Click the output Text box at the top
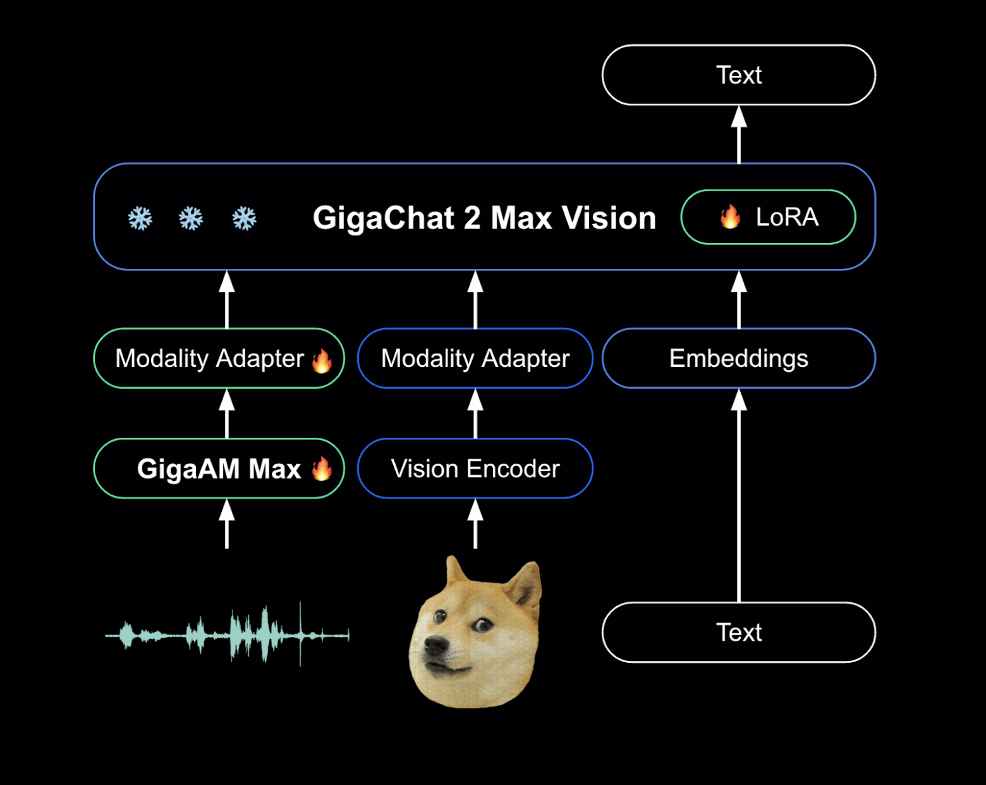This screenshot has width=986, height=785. (x=738, y=75)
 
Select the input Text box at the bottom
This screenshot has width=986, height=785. (x=738, y=633)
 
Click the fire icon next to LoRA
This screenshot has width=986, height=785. (x=730, y=217)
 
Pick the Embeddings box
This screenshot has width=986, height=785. (x=738, y=358)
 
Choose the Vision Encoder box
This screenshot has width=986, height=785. (x=475, y=469)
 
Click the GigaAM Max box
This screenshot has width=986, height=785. (x=219, y=469)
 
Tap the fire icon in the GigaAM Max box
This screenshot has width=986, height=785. (x=322, y=469)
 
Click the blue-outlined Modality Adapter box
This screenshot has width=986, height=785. (x=475, y=358)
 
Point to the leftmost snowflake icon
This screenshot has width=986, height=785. (x=140, y=219)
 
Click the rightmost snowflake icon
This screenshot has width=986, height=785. (x=244, y=219)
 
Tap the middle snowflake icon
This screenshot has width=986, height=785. (x=191, y=219)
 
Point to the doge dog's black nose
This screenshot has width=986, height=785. (x=435, y=646)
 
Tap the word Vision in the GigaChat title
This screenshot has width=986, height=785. (x=609, y=218)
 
